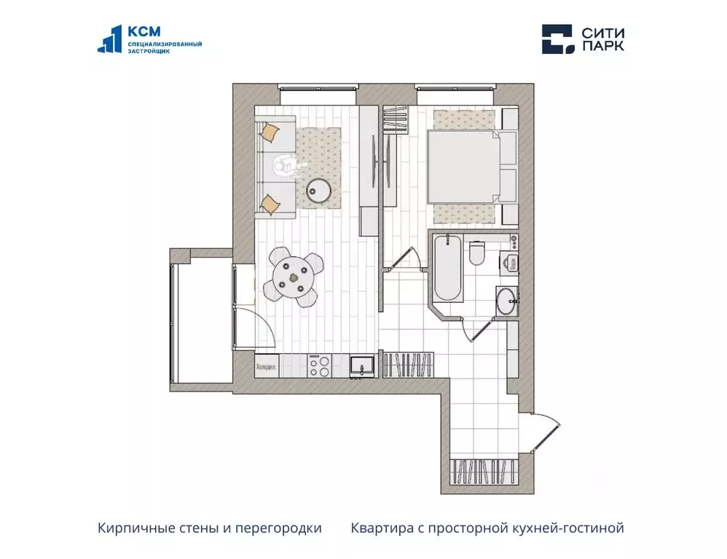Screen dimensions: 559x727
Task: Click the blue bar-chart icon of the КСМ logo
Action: coord(110,39)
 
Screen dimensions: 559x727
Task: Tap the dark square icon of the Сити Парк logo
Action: coord(557,39)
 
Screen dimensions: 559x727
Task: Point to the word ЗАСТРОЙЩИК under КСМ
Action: coord(149,52)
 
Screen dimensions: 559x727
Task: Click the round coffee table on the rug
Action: coord(320,190)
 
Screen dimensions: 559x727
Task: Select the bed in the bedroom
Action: coord(463,167)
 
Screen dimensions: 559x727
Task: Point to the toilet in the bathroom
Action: coord(478,253)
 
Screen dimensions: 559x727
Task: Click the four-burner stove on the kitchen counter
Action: coord(319,365)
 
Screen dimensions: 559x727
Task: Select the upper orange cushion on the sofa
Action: coord(270,132)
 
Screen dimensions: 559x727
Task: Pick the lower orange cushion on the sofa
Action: coord(270,205)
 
